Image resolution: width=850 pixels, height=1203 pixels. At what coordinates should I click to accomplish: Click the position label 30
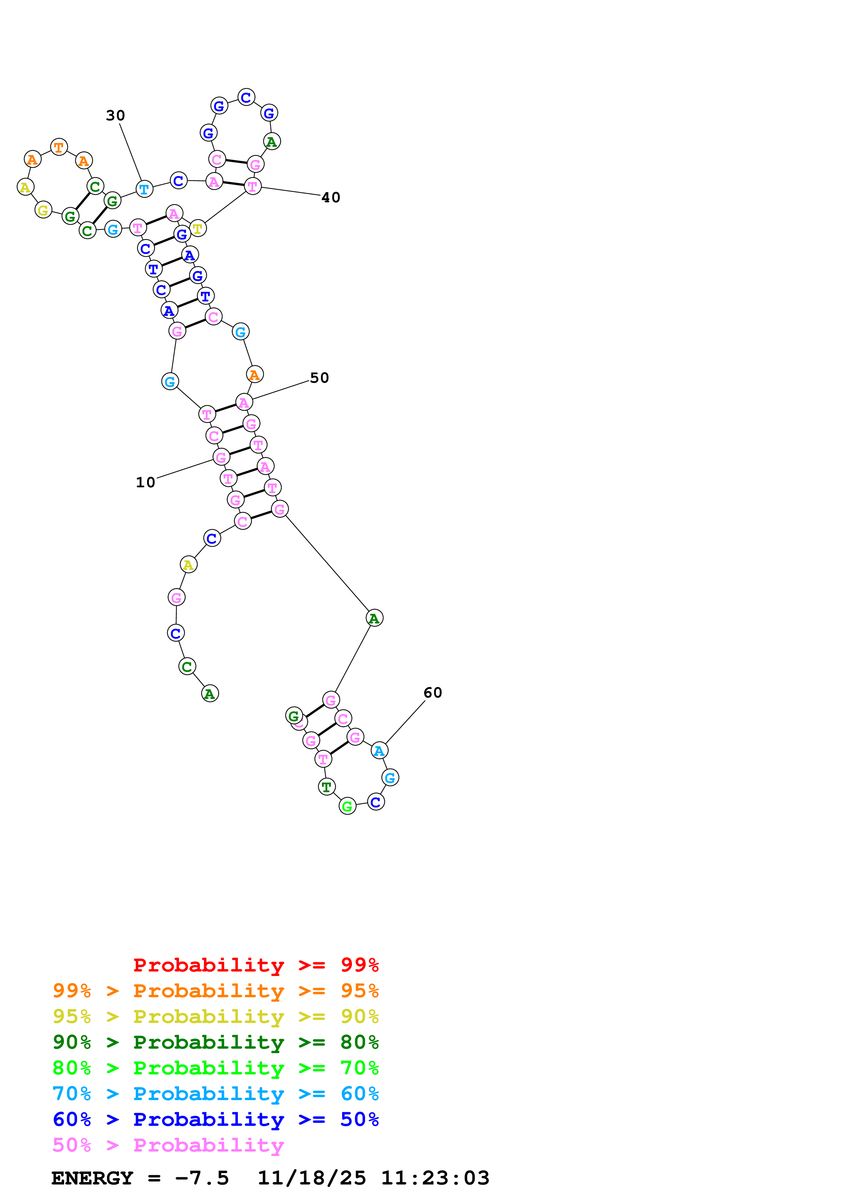(115, 115)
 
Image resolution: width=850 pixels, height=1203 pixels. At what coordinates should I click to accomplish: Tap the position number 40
(331, 198)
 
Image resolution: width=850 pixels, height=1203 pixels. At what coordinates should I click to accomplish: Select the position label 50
(319, 378)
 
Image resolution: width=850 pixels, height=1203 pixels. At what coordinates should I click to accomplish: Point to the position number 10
(145, 482)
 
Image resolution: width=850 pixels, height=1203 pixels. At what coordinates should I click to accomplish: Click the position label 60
(433, 693)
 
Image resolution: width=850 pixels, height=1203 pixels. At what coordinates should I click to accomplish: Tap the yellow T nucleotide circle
(197, 228)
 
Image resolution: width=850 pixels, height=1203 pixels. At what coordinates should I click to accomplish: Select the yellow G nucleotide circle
(44, 210)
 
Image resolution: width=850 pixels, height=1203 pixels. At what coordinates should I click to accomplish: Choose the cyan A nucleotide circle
(379, 751)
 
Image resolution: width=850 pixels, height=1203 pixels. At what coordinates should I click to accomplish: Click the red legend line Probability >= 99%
(255, 965)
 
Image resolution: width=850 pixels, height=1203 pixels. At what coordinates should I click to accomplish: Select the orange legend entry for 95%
(215, 991)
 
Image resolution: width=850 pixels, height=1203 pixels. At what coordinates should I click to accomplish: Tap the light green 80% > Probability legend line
(215, 1068)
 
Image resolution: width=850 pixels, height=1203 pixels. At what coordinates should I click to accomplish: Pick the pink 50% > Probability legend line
(168, 1145)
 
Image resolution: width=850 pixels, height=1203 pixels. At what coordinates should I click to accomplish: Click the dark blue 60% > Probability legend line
(215, 1119)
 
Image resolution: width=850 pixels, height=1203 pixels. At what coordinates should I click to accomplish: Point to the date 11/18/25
(312, 1178)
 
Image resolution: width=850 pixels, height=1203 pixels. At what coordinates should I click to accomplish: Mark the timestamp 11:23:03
(435, 1178)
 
